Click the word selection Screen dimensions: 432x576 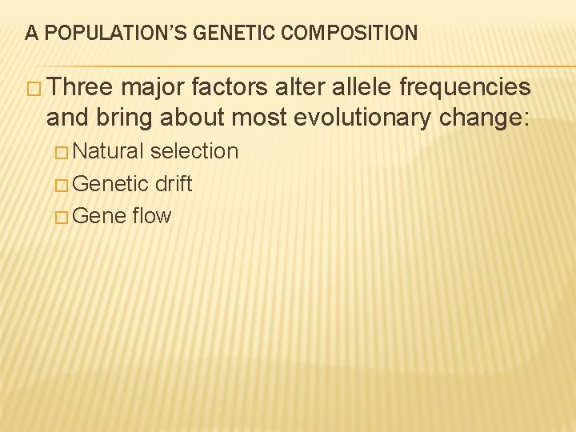click(194, 151)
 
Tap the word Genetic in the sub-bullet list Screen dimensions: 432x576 click(110, 184)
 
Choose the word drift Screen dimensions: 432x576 click(174, 184)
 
